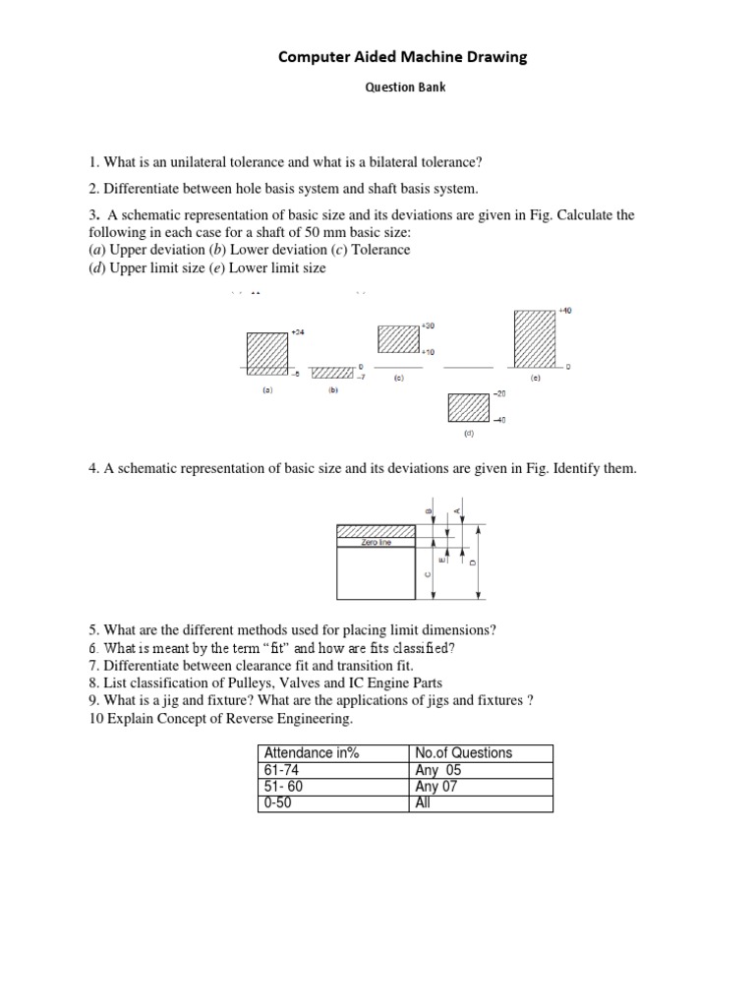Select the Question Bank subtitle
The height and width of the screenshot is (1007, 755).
point(404,87)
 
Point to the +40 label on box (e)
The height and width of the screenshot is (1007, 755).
point(564,311)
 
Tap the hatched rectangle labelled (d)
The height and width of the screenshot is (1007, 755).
point(468,406)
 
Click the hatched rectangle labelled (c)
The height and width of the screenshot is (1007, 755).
point(398,337)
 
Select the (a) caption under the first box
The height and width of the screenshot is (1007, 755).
point(265,390)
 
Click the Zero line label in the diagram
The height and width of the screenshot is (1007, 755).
point(377,541)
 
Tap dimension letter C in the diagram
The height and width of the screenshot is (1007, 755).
point(428,575)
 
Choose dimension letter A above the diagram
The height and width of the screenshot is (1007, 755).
point(458,510)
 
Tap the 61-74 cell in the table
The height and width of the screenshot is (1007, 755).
point(281,770)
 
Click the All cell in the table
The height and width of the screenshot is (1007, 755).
point(424,803)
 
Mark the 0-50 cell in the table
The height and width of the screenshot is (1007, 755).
point(278,803)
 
